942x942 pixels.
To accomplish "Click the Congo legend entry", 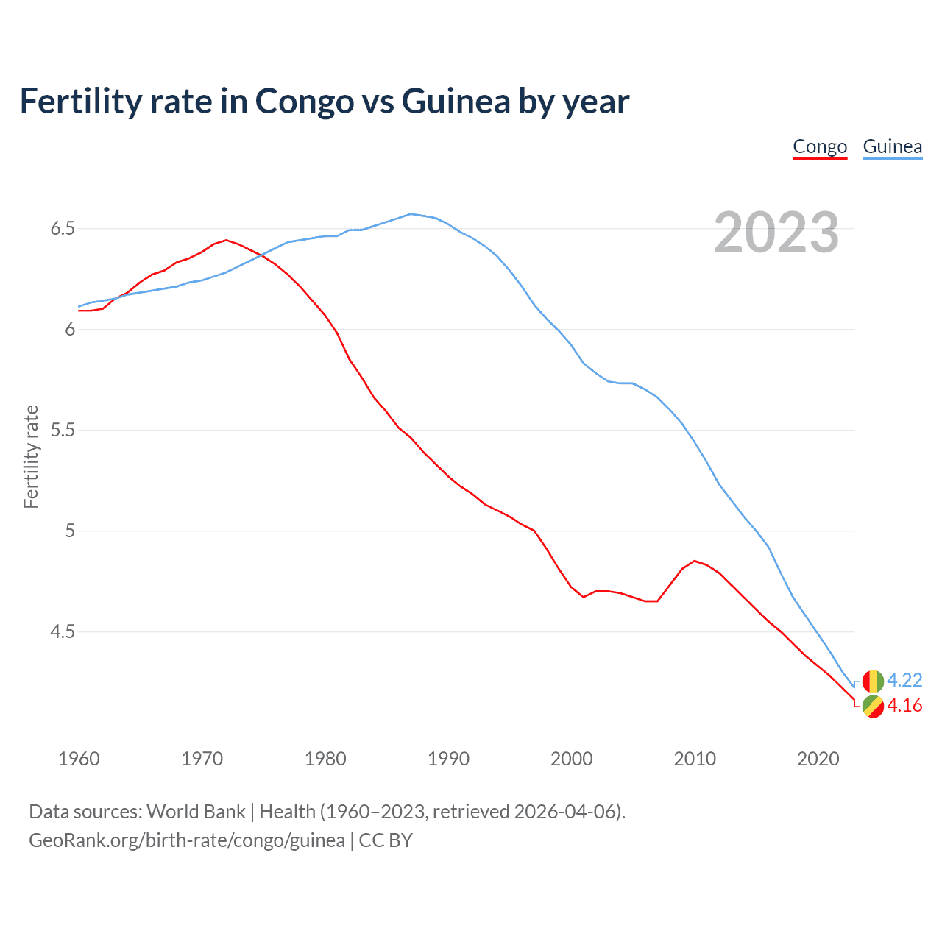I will [x=820, y=146].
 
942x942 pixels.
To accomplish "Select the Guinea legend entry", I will [x=892, y=146].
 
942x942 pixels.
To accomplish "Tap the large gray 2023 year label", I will [x=776, y=233].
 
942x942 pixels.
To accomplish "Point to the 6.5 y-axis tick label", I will [x=63, y=229].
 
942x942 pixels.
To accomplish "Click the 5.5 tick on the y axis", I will [x=63, y=430].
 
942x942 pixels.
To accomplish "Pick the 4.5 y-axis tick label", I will [x=63, y=631].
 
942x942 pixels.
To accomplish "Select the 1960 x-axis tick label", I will [x=79, y=759].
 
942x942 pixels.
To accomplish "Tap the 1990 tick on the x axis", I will [x=448, y=759].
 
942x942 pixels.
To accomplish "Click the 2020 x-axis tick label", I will [x=818, y=759].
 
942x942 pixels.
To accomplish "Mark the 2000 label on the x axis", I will [x=571, y=759].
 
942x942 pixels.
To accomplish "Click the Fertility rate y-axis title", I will [x=31, y=456].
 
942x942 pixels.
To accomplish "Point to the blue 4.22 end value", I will [x=904, y=680].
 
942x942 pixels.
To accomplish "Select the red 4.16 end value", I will [x=904, y=705].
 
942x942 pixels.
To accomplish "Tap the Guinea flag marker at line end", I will [x=873, y=681].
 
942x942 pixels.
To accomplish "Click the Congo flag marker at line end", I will [x=873, y=706].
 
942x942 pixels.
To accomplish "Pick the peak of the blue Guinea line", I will [x=411, y=214].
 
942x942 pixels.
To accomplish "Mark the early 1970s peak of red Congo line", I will [x=226, y=240].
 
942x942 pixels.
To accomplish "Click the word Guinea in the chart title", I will [x=456, y=101].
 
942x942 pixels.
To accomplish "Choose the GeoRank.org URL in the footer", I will [x=187, y=840].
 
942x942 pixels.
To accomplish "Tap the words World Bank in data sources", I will [x=196, y=812].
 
